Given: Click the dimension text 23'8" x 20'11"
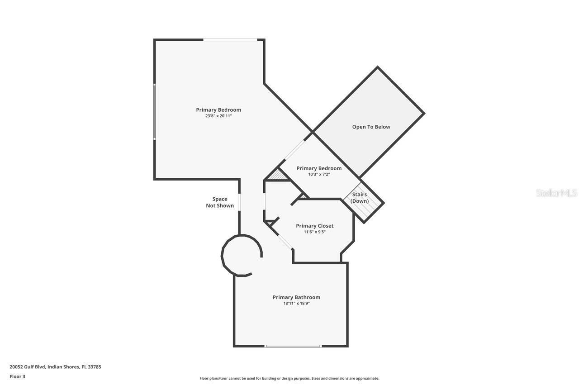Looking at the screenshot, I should click(218, 116).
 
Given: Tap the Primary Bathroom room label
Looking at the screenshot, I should click(296, 297).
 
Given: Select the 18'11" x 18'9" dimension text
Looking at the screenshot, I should click(296, 304).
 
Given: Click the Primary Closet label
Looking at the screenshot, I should click(314, 226).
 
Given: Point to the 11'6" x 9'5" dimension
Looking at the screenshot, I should click(314, 232).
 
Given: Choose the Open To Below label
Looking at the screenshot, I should click(371, 127).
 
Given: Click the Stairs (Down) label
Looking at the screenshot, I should click(360, 198).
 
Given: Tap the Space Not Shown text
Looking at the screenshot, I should click(220, 202).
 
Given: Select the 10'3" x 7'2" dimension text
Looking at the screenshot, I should click(319, 174).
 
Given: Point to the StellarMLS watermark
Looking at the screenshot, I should click(556, 193).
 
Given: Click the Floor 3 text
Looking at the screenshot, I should click(18, 376).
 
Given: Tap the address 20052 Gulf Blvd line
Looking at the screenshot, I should click(55, 367).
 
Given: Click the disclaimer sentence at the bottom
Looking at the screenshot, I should click(289, 378).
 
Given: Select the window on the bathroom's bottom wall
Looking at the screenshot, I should click(293, 346).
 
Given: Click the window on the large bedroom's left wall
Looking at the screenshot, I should click(155, 111).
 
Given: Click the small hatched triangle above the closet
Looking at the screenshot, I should click(278, 176).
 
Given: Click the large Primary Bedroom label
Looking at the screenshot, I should click(218, 110).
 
